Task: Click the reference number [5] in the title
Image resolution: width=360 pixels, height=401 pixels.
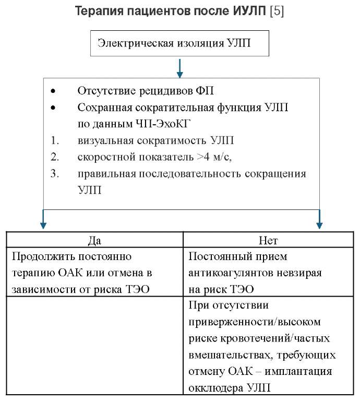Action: pos(276,11)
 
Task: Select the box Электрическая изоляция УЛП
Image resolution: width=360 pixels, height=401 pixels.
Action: pos(181,43)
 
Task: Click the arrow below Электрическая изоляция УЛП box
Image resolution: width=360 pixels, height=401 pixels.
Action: pos(179,67)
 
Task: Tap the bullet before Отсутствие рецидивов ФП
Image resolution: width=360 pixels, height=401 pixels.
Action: pos(53,91)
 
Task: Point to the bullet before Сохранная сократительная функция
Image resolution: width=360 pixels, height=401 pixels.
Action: pos(53,108)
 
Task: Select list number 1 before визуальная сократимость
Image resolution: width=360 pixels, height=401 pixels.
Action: pos(54,141)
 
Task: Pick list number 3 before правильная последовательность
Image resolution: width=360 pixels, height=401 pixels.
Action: pos(54,173)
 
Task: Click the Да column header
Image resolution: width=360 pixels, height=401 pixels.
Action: pos(94,240)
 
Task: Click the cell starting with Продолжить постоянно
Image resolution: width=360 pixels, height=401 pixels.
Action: pos(94,273)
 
